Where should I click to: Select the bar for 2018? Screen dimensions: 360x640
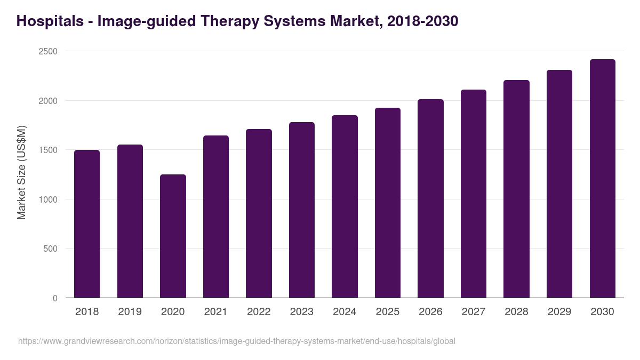click(87, 224)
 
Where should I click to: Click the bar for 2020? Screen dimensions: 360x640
click(173, 236)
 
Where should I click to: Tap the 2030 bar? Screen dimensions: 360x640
click(602, 179)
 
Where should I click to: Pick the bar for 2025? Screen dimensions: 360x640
click(388, 203)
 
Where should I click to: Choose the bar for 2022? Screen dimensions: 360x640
click(259, 213)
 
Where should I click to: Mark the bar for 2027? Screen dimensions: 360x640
click(474, 194)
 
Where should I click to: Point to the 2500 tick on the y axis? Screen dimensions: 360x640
click(47, 51)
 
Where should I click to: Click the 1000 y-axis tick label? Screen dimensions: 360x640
click(47, 199)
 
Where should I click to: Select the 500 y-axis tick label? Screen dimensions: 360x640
click(50, 249)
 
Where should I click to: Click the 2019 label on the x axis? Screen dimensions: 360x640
click(130, 312)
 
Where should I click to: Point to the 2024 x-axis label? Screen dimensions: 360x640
click(345, 312)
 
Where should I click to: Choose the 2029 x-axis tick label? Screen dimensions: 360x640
click(559, 312)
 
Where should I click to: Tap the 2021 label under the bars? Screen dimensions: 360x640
click(215, 312)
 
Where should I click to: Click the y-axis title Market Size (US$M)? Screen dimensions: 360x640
click(21, 172)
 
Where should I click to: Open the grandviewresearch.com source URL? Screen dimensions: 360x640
click(236, 341)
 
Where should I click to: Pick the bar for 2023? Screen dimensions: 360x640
click(302, 210)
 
